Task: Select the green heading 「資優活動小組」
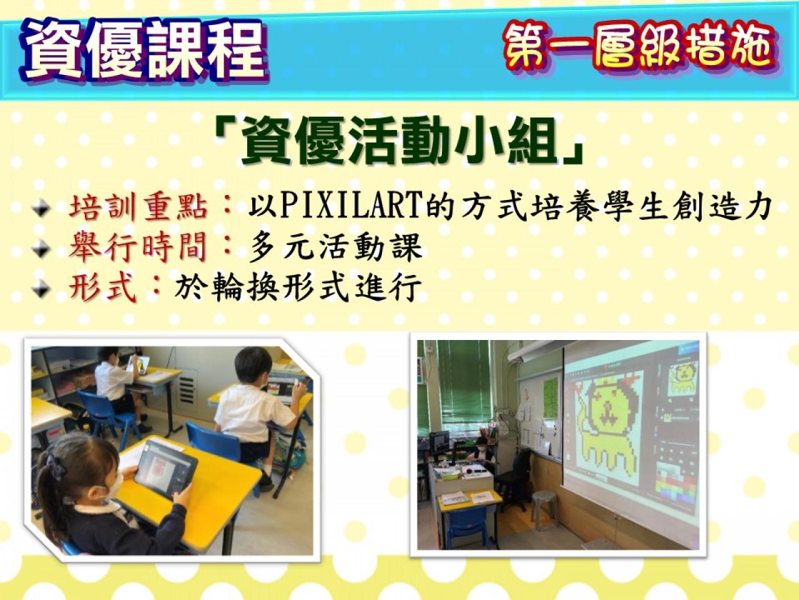(399, 141)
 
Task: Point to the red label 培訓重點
(139, 209)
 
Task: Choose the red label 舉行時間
(139, 248)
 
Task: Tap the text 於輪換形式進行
(298, 287)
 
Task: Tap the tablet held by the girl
(165, 468)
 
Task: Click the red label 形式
(102, 287)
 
